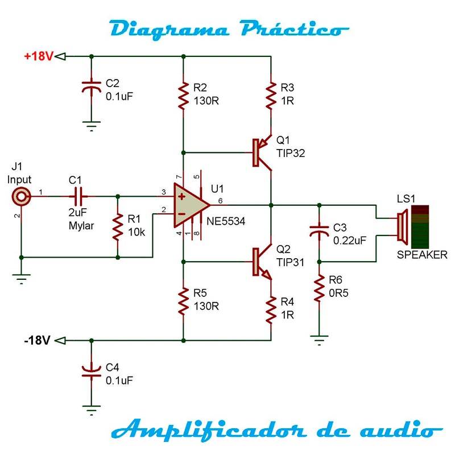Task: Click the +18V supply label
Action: point(38,56)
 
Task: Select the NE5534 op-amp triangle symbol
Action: point(191,205)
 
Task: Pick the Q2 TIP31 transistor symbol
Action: point(261,262)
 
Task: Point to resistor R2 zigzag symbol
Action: point(183,96)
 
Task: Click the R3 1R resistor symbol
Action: point(271,96)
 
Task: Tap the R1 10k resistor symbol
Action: point(118,226)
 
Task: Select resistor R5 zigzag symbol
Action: point(183,301)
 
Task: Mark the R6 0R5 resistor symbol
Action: point(319,289)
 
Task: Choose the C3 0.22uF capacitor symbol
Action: point(319,231)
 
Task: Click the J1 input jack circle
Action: point(21,197)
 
